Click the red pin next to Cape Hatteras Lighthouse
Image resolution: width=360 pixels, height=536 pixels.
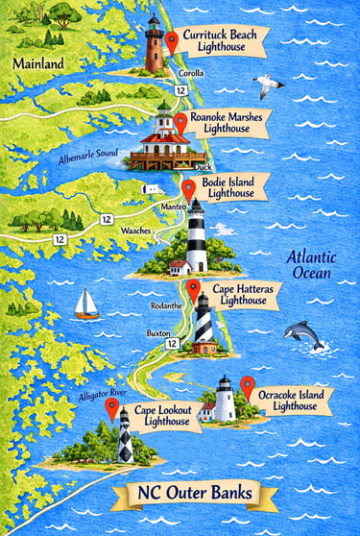pyautogui.click(x=193, y=288)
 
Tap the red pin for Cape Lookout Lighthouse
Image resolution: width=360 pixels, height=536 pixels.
pyautogui.click(x=112, y=409)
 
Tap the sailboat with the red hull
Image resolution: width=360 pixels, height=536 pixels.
pyautogui.click(x=86, y=305)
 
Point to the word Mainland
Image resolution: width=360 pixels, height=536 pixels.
pyautogui.click(x=38, y=64)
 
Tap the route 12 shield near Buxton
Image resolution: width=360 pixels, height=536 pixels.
pyautogui.click(x=171, y=343)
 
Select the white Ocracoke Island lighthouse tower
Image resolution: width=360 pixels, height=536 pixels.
pyautogui.click(x=224, y=401)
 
